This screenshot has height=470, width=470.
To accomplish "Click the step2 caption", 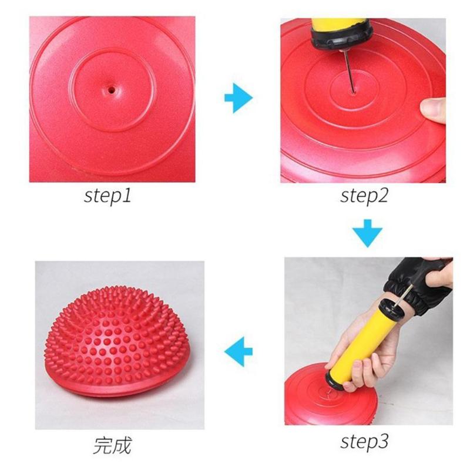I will click(x=364, y=196).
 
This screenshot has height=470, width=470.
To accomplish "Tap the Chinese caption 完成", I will click(x=112, y=445).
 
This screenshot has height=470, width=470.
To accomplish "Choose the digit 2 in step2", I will click(x=383, y=196).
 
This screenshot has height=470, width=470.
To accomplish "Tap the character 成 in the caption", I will click(x=121, y=445).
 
